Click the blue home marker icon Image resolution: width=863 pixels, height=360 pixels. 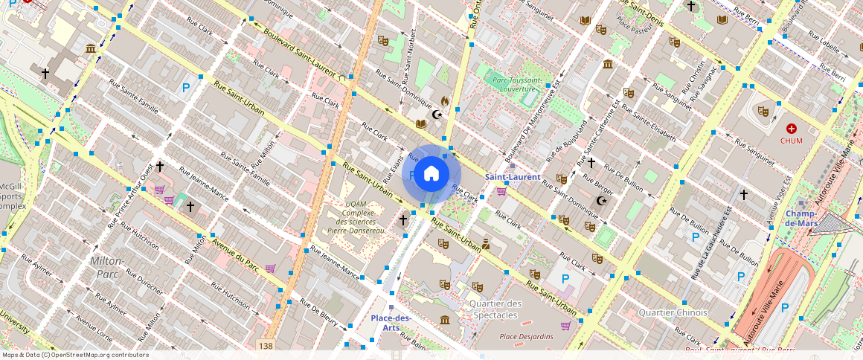click(431, 175)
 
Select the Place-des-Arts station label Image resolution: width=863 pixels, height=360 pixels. click(391, 322)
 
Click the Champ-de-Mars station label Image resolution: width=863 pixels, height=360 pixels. click(801, 218)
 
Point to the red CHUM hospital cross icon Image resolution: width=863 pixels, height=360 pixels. click(791, 128)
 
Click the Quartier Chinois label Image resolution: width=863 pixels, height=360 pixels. click(673, 312)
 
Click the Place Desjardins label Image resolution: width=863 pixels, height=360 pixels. click(526, 337)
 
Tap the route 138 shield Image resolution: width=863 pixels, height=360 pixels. click(266, 346)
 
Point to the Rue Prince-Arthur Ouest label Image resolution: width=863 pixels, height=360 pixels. click(129, 203)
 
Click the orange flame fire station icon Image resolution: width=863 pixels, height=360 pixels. click(445, 100)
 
